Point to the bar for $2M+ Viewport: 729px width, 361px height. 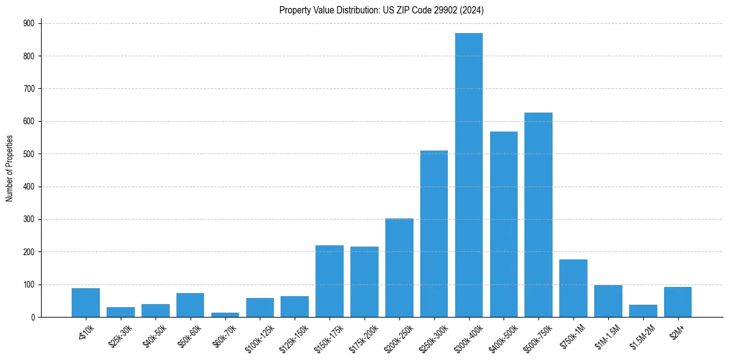coord(678,302)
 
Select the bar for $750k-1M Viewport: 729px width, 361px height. coord(573,288)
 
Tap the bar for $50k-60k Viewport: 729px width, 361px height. coord(190,305)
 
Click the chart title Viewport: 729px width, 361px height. coord(382,10)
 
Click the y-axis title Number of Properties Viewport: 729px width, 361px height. coord(10,168)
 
